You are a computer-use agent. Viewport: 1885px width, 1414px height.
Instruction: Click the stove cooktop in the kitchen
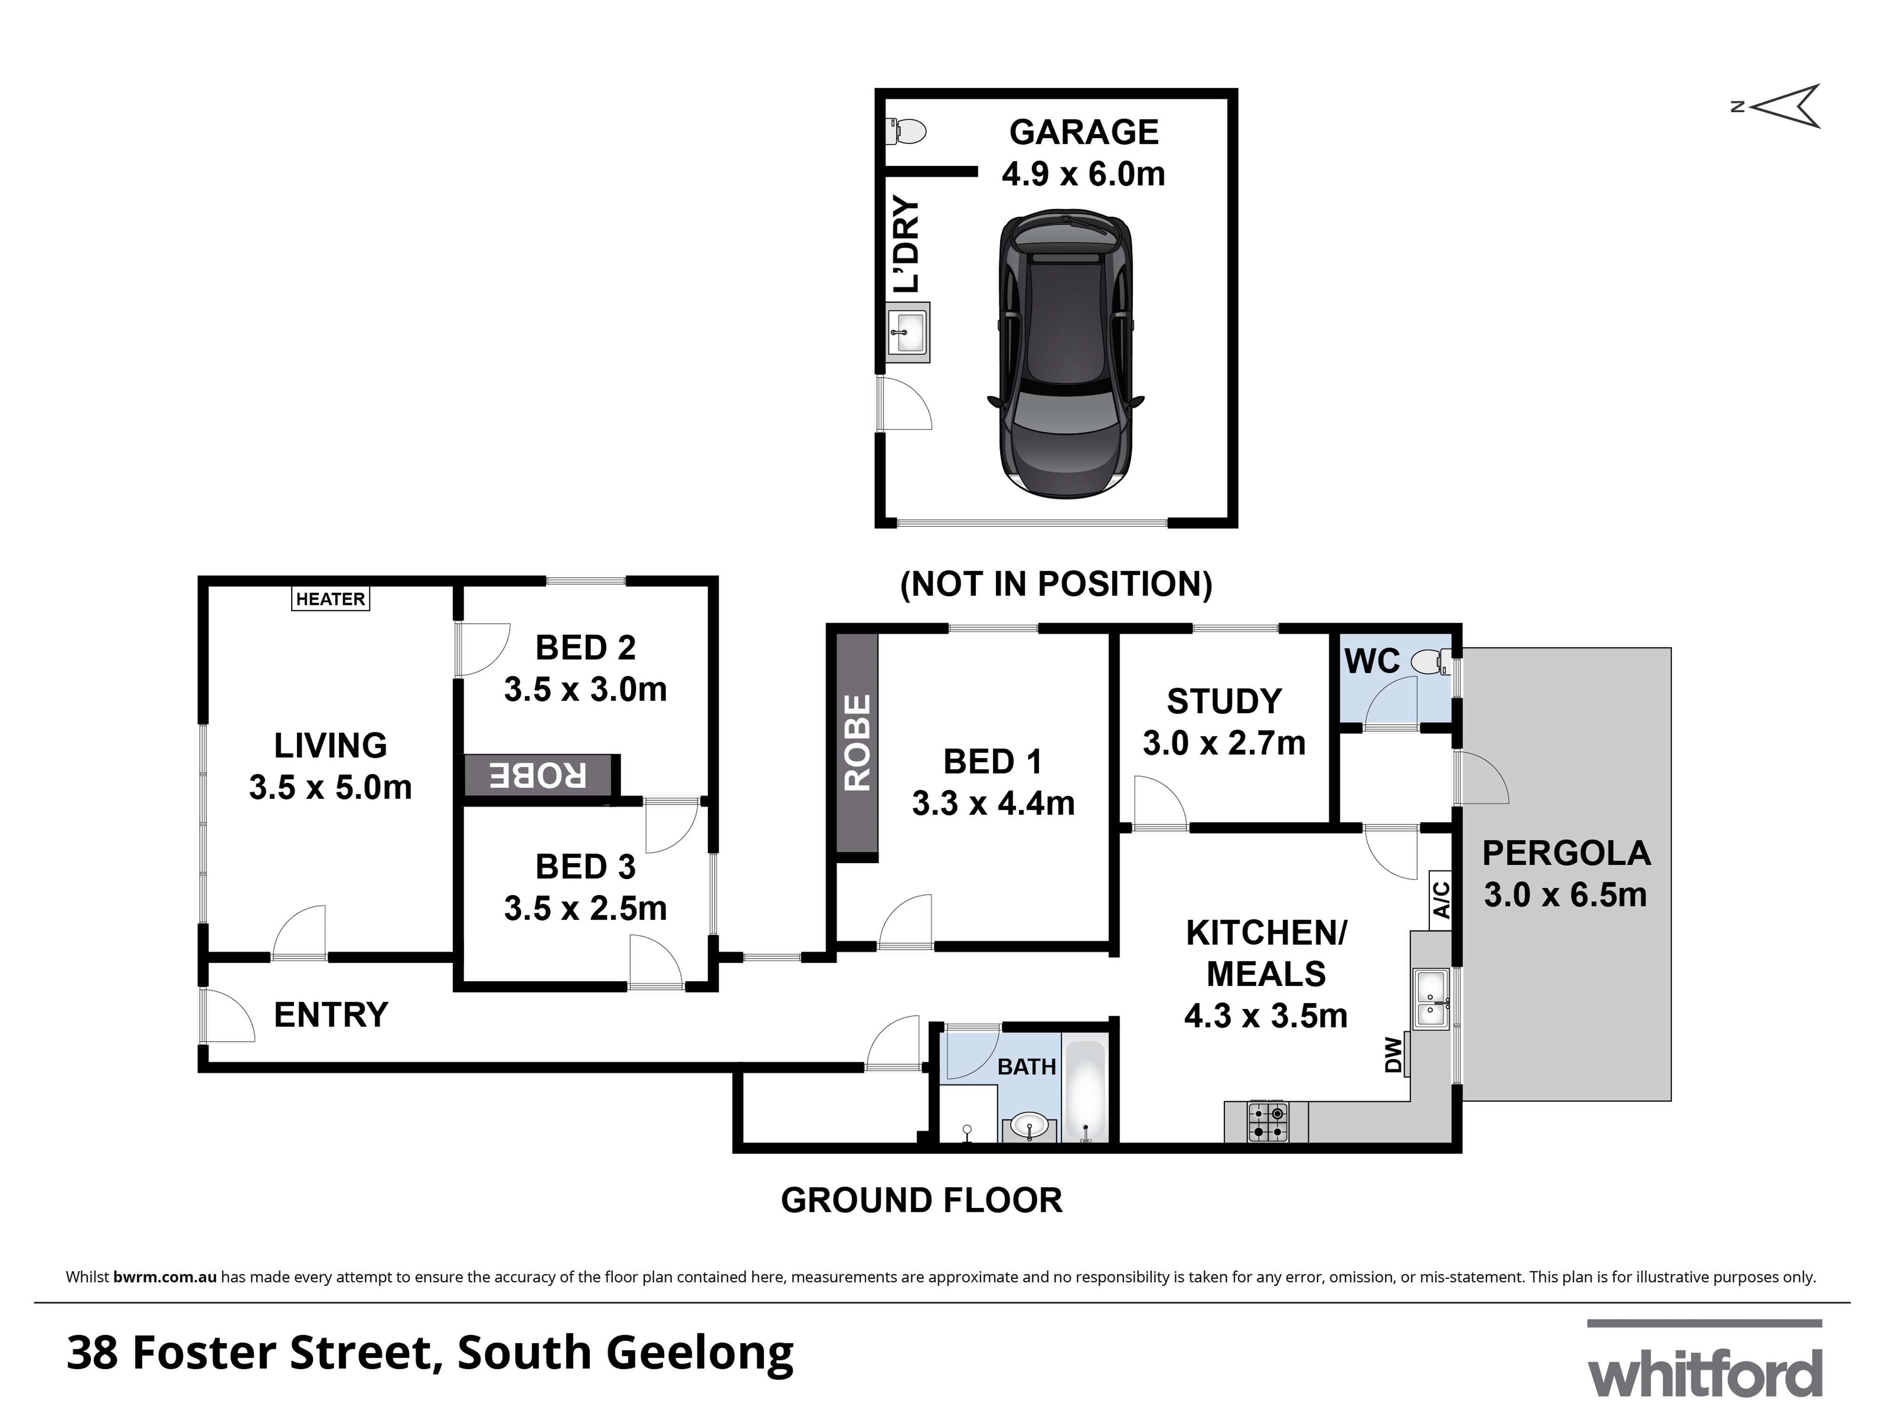pyautogui.click(x=1267, y=1123)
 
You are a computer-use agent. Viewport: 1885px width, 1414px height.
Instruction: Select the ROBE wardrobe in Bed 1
pyautogui.click(x=856, y=743)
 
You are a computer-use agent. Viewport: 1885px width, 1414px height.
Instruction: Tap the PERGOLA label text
pyautogui.click(x=1566, y=853)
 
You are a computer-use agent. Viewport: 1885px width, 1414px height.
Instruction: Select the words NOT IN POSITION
pyautogui.click(x=1056, y=584)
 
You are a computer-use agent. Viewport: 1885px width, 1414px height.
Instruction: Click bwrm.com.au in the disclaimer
pyautogui.click(x=164, y=1277)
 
